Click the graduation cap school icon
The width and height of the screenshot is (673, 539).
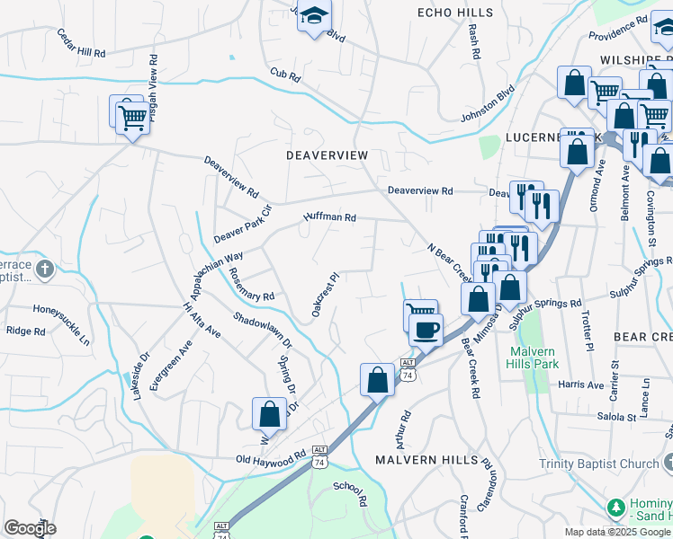(x=314, y=17)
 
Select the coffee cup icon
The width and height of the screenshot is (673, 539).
(x=426, y=329)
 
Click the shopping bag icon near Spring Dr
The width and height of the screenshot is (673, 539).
(x=269, y=414)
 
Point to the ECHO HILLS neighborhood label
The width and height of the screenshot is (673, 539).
(x=455, y=13)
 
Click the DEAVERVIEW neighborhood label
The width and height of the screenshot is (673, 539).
(x=328, y=155)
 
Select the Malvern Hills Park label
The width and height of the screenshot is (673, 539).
(x=534, y=358)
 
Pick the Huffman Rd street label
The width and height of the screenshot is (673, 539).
(x=330, y=217)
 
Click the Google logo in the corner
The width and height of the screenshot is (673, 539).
(x=30, y=528)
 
